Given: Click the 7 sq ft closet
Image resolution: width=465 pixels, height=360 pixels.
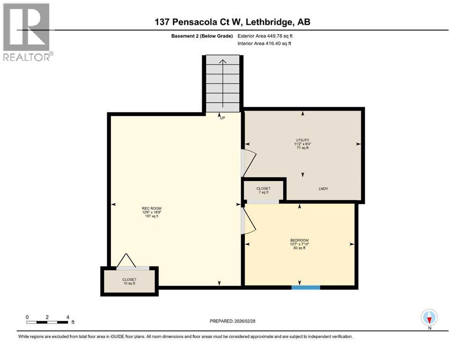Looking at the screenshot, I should click(x=263, y=190).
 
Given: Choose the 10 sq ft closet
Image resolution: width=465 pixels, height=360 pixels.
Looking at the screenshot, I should click(x=130, y=281).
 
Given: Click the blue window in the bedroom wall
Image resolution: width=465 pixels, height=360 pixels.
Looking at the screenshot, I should click(x=306, y=287).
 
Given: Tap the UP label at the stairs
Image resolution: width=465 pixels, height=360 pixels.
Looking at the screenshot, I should click(x=222, y=118).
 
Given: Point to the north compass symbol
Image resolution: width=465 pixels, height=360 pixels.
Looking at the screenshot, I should click(x=429, y=318).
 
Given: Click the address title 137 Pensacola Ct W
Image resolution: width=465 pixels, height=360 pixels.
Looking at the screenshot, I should click(x=232, y=22).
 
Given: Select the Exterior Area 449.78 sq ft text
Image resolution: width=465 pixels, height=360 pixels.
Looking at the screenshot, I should click(x=266, y=36).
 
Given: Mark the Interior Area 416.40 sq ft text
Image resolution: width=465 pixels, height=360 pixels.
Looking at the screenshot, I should click(x=265, y=44).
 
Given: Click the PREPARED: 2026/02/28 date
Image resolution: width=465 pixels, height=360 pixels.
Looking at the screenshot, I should click(x=232, y=321).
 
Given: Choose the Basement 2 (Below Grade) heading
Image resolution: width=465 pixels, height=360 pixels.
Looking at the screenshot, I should click(x=202, y=36).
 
